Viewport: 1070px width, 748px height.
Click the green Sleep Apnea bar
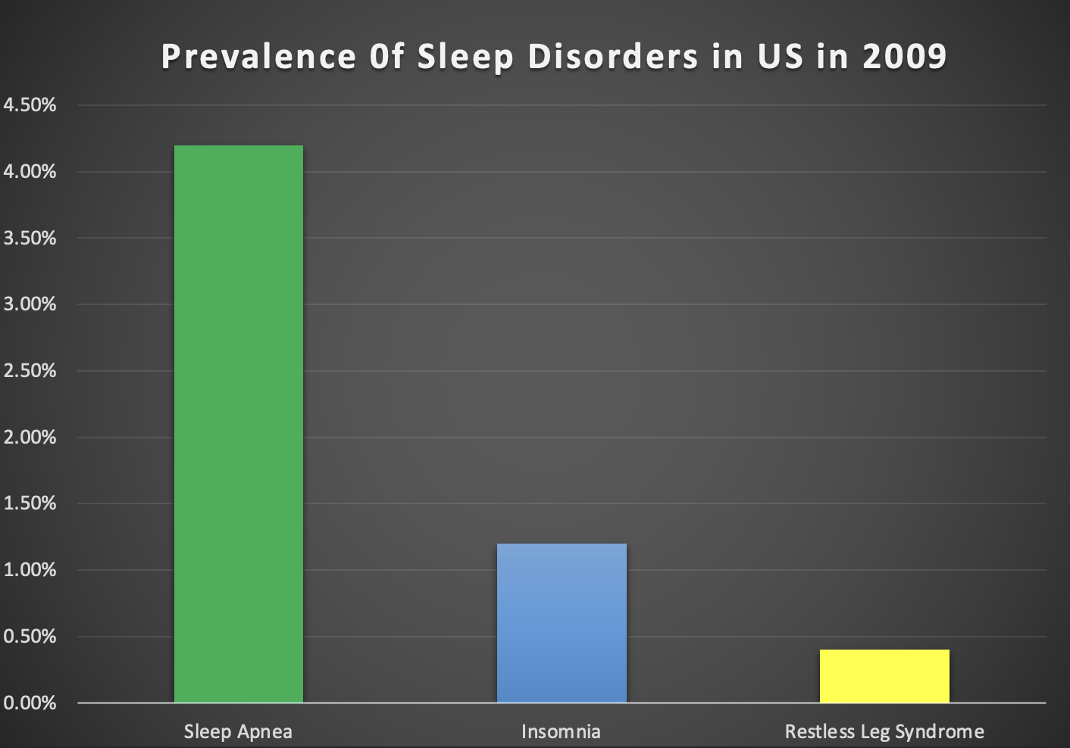239,424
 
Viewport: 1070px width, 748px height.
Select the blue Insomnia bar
562,623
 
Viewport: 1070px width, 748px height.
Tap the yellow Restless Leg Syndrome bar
884,676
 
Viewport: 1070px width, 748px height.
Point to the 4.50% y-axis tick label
30,105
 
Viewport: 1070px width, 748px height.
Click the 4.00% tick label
30,172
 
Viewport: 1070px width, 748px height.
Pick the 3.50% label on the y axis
30,238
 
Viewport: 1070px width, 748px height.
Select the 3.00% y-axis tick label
30,304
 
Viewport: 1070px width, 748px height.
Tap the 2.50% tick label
30,371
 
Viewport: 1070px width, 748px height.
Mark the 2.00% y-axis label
30,438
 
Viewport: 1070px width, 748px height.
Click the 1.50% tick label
30,503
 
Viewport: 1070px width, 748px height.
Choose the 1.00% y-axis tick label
30,570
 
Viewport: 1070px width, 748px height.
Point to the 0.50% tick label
30,637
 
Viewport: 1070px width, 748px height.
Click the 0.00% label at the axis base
30,703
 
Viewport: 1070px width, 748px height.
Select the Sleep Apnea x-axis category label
238,732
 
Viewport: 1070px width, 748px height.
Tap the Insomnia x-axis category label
561,732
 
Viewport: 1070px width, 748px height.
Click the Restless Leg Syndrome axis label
884,732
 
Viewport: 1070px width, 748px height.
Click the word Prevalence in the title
258,57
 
